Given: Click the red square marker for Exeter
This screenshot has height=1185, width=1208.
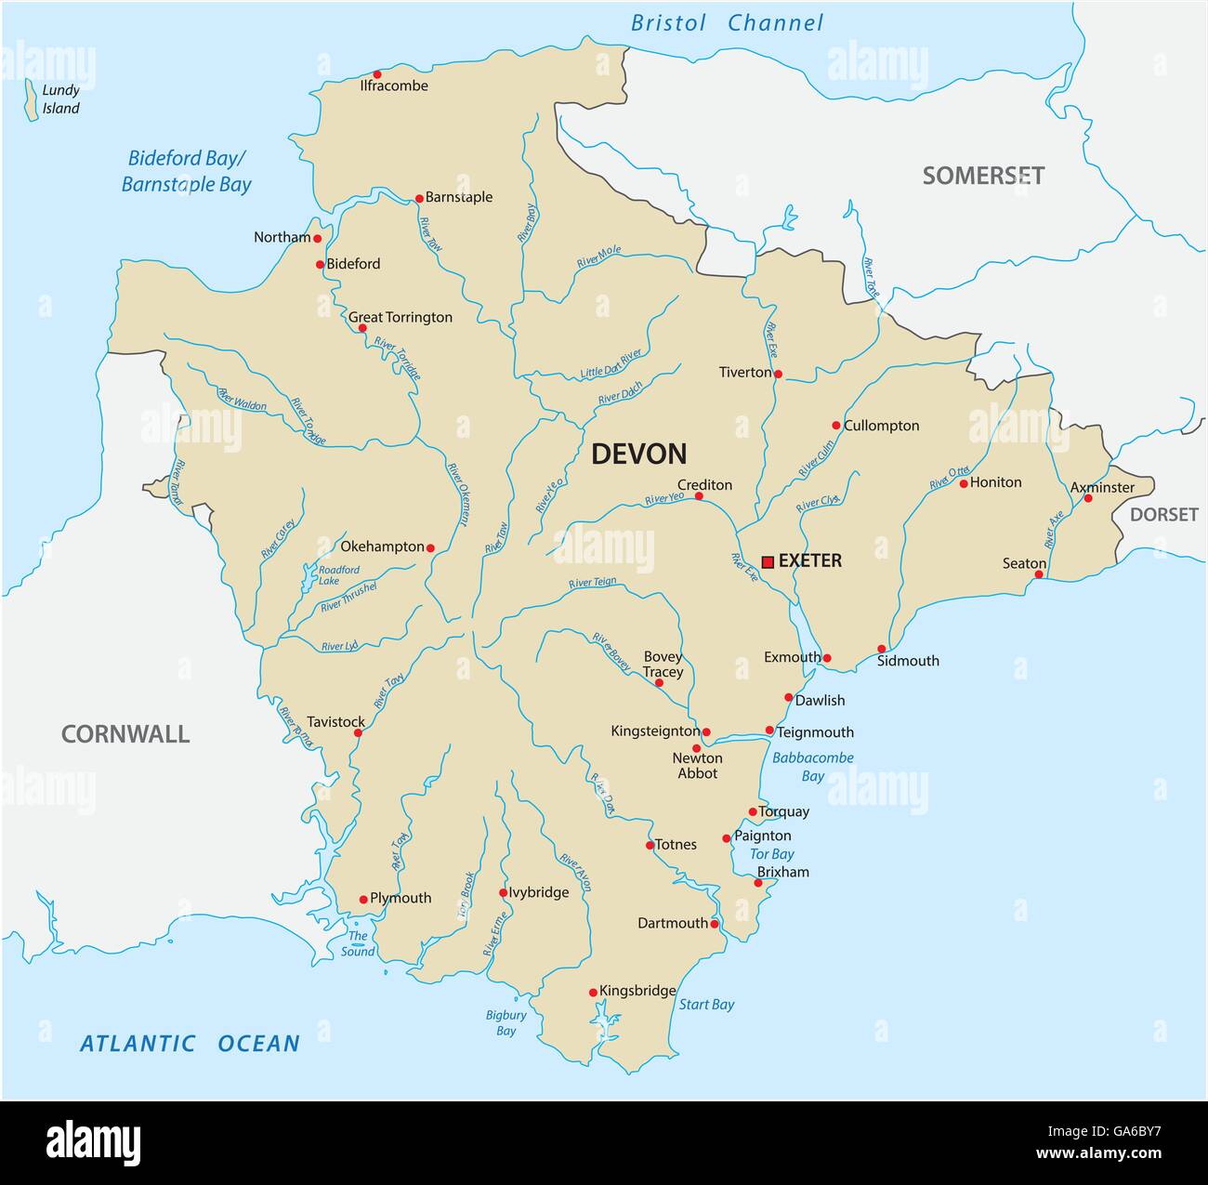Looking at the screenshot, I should (768, 561).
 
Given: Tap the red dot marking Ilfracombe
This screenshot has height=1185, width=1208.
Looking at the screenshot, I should (377, 74).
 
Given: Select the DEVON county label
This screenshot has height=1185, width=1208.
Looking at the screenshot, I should (639, 454).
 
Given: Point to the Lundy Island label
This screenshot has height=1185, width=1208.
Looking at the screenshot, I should (61, 99).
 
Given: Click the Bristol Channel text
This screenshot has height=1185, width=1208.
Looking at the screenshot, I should (727, 23).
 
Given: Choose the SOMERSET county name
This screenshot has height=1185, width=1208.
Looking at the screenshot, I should (983, 176).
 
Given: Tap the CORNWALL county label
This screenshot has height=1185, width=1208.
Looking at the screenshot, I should (125, 734).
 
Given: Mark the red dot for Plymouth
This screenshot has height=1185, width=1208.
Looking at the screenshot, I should (363, 900).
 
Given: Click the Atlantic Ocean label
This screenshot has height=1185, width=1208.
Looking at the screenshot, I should (190, 1044).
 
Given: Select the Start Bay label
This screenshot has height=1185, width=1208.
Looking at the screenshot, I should (706, 1004).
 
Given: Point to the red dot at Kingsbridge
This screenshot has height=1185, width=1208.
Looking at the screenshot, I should (593, 993).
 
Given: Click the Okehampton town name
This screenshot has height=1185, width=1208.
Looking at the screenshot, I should (382, 546).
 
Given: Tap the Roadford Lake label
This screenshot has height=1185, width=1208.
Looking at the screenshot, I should (338, 575).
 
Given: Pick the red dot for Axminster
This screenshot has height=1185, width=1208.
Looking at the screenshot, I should (1088, 498).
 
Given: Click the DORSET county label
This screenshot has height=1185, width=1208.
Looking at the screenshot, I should (1163, 514).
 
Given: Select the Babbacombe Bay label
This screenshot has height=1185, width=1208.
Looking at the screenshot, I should (813, 767).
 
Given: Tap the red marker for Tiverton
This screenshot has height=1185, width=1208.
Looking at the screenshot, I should (778, 375).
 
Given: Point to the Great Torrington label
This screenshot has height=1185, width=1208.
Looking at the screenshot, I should (400, 317).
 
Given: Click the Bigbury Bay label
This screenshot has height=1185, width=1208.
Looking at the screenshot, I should (506, 1022).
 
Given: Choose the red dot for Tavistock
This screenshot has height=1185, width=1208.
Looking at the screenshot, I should (358, 732).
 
